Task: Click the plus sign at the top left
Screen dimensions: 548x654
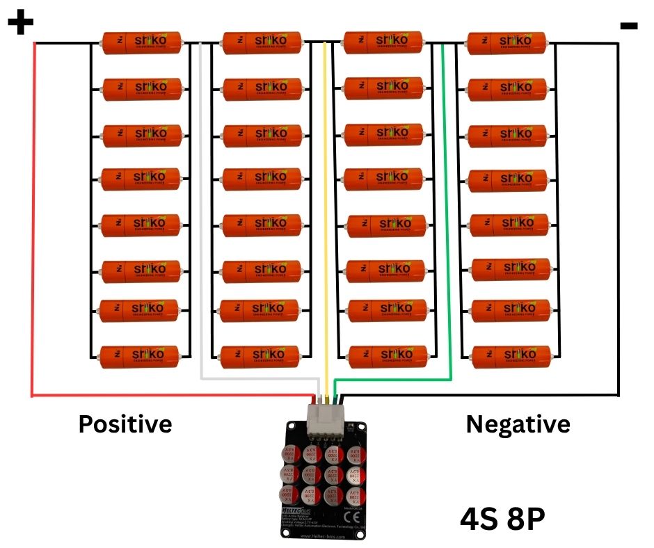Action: coord(20,24)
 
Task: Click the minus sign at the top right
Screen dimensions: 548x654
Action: coord(628,26)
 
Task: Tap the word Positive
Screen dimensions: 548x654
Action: coord(125,423)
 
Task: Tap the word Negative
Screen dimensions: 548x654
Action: coord(518,424)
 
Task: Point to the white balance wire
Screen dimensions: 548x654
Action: coord(201,209)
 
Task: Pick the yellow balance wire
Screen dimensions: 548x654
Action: coord(325,209)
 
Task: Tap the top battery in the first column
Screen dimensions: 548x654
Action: coord(142,42)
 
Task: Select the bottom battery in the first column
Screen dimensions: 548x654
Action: coord(142,357)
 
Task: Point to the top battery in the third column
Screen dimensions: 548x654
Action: coord(384,42)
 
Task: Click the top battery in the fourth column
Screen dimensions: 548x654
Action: coord(507,42)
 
